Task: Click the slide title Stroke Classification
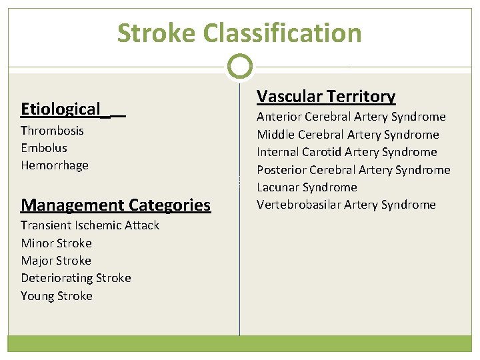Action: point(239,33)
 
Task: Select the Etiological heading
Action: point(61,109)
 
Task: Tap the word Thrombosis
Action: point(52,131)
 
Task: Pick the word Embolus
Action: point(44,148)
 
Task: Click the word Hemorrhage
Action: point(55,165)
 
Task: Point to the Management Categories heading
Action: point(115,205)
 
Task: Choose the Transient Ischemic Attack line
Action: point(90,225)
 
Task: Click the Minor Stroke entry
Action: point(56,243)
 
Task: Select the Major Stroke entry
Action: point(56,261)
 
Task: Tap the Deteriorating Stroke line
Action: point(76,278)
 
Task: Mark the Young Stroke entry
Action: point(57,296)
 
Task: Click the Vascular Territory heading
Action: point(326,97)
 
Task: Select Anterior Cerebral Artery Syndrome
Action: point(351,117)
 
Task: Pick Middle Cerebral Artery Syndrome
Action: point(348,135)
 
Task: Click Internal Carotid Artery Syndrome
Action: point(347,152)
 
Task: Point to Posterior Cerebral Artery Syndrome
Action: point(353,170)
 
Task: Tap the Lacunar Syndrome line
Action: point(307,187)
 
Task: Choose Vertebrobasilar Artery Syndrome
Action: point(346,205)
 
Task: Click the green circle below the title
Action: point(239,67)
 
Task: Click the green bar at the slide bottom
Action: point(239,343)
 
